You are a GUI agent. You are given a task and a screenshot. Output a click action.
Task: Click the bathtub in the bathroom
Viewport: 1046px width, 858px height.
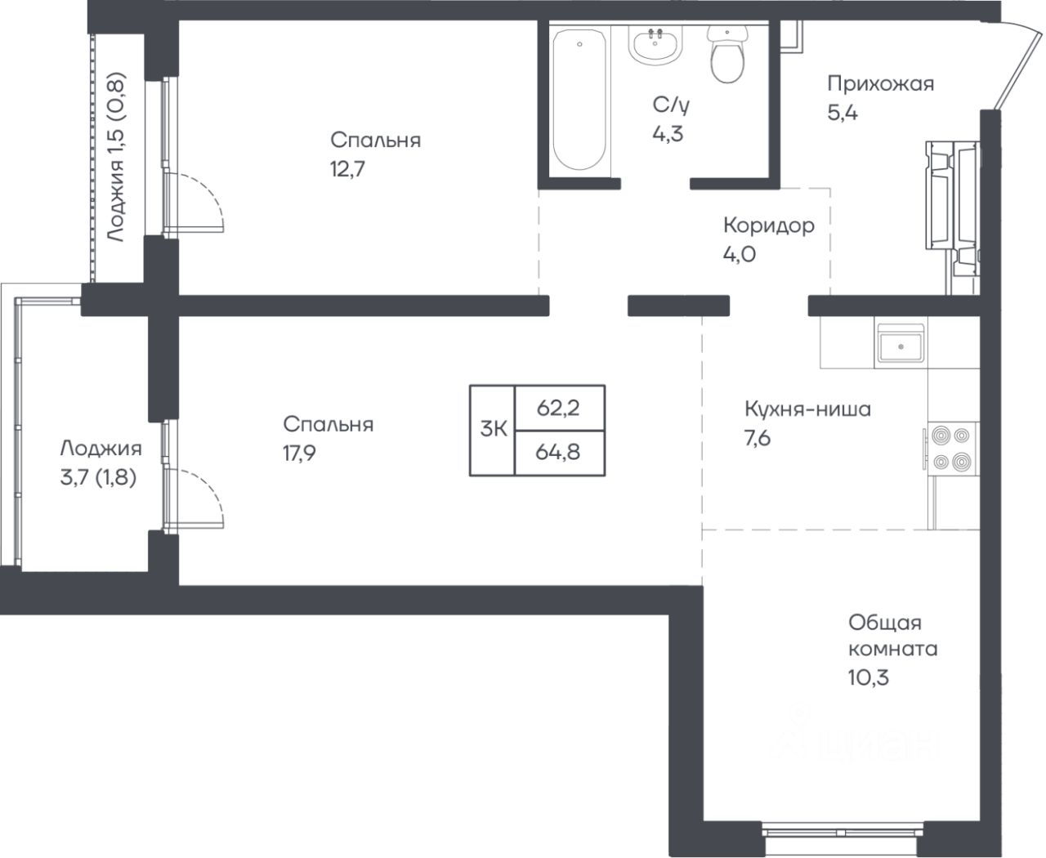coord(579,99)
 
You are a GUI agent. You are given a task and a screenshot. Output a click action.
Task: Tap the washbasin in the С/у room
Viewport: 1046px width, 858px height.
coord(655,46)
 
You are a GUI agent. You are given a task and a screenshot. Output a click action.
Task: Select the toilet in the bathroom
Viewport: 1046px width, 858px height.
coord(727,54)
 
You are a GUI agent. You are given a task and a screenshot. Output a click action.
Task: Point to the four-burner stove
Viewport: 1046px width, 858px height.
coord(951,449)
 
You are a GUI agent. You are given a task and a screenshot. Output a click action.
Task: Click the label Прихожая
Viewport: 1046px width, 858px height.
coord(880,84)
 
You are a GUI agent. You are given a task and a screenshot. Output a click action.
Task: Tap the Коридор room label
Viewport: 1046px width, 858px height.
coord(769,226)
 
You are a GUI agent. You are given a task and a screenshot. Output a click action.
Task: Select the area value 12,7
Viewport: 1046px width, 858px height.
coord(347,169)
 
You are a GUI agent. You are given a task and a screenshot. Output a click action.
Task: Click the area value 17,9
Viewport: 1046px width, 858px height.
coord(299,453)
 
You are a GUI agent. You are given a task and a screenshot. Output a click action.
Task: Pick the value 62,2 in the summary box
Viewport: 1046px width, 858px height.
coord(558,408)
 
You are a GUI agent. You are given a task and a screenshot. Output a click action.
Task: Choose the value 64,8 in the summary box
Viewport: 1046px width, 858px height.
coord(558,453)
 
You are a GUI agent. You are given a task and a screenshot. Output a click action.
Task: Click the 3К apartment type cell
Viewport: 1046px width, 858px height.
coord(493,429)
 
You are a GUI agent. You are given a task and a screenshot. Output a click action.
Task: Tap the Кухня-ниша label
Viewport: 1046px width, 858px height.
coord(807,409)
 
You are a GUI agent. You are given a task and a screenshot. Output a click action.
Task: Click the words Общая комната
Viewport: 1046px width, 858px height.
coord(892,636)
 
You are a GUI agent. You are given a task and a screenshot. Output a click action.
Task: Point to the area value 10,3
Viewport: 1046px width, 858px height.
coord(869,677)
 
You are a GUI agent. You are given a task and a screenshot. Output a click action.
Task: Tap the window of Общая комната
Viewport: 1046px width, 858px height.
coord(843,831)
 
